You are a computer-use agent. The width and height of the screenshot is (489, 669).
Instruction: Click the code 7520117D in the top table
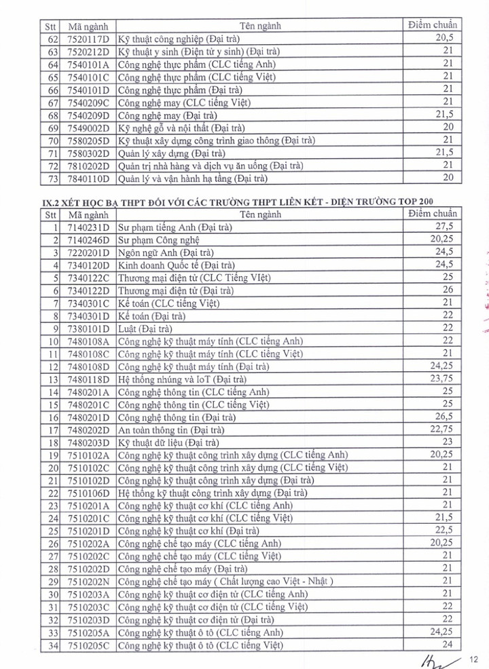point(88,39)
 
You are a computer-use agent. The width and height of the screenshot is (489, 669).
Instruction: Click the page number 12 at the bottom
point(475,657)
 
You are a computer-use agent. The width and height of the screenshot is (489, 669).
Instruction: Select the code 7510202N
point(88,581)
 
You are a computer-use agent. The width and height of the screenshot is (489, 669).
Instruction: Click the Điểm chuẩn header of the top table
point(433,25)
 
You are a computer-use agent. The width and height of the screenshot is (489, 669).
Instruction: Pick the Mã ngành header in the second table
point(88,214)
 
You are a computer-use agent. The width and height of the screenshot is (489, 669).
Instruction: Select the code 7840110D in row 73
point(88,179)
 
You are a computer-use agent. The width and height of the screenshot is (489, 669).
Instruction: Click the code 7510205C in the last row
point(88,645)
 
